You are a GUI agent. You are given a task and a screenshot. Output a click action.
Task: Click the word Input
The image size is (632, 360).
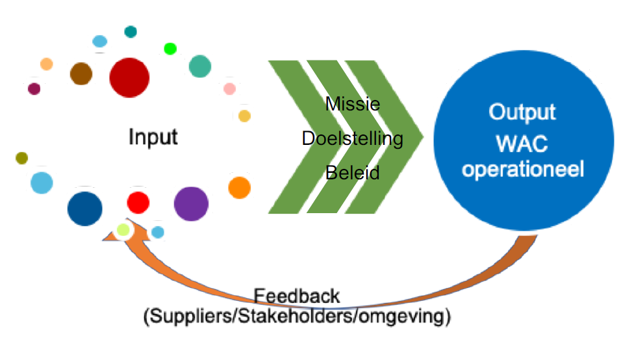coord(153,138)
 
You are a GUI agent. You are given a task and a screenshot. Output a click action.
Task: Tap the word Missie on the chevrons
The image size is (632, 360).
coord(353,104)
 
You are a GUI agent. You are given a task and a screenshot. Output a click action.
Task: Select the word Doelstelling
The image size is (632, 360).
coord(353,138)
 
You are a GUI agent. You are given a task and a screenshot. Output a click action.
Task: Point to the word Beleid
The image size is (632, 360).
coord(352,174)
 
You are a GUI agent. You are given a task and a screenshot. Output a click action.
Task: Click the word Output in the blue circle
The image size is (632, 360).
coord(522,112)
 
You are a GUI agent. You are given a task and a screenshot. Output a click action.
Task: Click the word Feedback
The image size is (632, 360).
coord(297,296)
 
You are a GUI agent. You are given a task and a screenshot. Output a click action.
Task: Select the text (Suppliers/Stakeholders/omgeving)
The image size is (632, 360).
coord(297,318)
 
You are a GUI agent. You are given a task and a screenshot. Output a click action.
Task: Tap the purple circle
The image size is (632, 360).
coord(192,204)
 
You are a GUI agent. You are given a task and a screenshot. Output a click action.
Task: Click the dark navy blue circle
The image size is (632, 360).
coord(85,208)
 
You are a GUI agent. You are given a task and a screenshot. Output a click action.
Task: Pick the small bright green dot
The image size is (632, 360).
coord(170,48)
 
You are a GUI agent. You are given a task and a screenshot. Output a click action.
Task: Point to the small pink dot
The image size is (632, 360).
coord(229,88)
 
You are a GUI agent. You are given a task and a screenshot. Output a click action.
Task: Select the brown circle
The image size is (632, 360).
coord(82,73)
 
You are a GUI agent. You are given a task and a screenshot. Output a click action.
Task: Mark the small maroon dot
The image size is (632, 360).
coord(34,88)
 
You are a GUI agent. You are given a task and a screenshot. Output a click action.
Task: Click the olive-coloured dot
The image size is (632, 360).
coord(22,158)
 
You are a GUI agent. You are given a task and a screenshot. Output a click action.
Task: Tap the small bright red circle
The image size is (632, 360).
coord(138,201)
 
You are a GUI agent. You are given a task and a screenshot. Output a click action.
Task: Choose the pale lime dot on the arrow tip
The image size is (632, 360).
coord(123,229)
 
